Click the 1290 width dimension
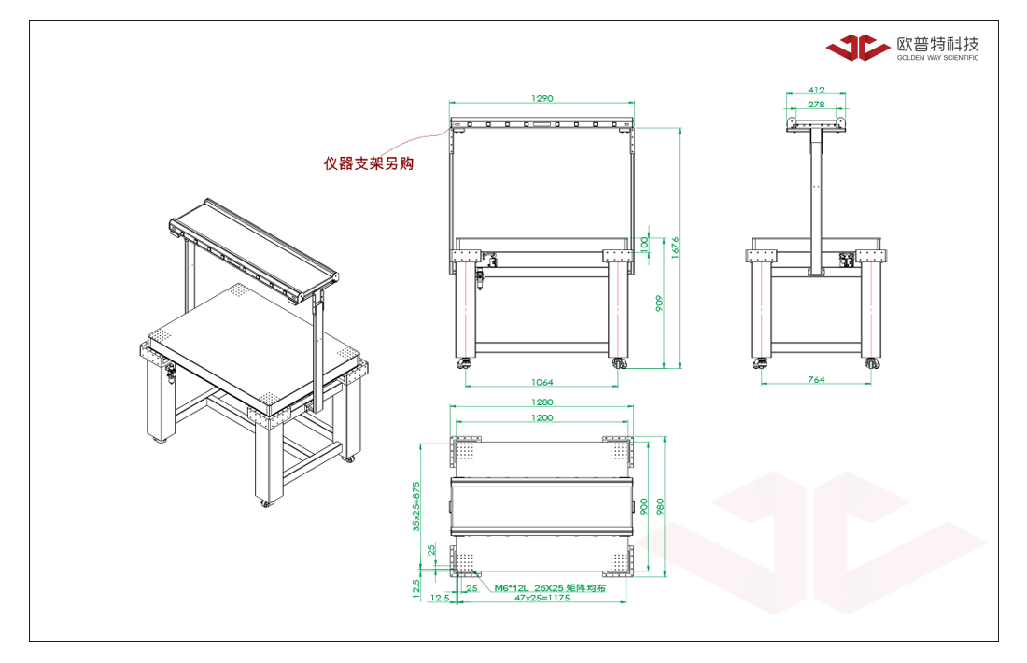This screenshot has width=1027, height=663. [542, 98]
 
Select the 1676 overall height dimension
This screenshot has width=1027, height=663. [675, 247]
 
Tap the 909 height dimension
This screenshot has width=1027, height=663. [659, 303]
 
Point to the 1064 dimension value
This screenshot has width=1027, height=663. [542, 382]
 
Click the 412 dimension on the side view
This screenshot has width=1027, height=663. [816, 90]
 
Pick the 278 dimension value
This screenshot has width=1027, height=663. [816, 105]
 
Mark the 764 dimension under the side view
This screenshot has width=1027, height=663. [816, 379]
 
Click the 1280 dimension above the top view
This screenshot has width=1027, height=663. [542, 402]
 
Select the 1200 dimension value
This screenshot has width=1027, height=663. [542, 417]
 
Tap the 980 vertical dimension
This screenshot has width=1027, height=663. [660, 506]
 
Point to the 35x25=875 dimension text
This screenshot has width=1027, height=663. [415, 506]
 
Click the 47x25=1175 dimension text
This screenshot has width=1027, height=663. [542, 598]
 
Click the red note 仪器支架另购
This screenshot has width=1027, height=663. [369, 163]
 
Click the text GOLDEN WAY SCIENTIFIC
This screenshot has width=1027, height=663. [938, 58]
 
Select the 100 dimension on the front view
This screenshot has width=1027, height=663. [644, 244]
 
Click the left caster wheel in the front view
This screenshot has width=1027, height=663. [465, 362]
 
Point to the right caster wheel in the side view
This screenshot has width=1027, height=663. [871, 362]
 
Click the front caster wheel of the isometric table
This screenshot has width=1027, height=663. [265, 503]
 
